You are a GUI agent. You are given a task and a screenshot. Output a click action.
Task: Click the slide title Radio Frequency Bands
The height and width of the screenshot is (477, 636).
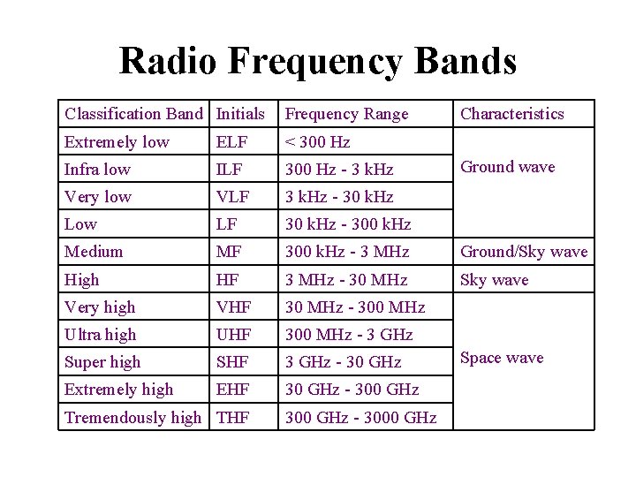pyautogui.click(x=317, y=61)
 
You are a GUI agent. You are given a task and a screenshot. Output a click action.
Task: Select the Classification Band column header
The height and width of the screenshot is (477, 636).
pyautogui.click(x=133, y=114)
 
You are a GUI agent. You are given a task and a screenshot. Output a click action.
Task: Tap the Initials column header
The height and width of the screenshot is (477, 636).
pyautogui.click(x=240, y=114)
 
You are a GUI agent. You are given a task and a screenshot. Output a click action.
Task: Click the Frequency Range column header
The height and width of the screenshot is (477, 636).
pyautogui.click(x=346, y=114)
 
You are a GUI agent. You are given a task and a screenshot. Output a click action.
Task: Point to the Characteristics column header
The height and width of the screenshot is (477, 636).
pyautogui.click(x=511, y=114)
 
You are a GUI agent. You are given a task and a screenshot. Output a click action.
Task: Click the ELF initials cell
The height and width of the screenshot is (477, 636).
pyautogui.click(x=231, y=142)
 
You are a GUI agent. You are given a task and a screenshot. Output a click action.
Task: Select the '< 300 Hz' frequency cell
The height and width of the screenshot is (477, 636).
pyautogui.click(x=317, y=142)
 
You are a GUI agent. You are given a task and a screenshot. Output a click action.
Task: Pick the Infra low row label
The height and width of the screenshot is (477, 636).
pyautogui.click(x=97, y=170)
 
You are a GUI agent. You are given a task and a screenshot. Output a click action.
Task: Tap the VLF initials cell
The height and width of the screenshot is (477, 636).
pyautogui.click(x=233, y=197)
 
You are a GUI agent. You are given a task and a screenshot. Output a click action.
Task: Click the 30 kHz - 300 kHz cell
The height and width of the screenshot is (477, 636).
pyautogui.click(x=348, y=224)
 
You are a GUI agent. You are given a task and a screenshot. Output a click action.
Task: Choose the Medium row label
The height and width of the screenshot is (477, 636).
pyautogui.click(x=94, y=252)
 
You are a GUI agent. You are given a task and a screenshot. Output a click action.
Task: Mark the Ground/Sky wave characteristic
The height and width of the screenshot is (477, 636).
pyautogui.click(x=524, y=252)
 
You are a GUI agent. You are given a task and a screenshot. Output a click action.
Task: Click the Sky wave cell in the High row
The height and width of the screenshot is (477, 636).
pyautogui.click(x=494, y=280)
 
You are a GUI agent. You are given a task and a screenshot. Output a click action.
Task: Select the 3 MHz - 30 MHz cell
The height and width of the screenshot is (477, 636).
pyautogui.click(x=346, y=280)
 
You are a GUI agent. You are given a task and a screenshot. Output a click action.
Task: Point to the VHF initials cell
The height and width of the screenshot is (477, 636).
pyautogui.click(x=234, y=307)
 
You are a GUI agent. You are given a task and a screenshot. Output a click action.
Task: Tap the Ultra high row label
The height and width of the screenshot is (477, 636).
pyautogui.click(x=101, y=335)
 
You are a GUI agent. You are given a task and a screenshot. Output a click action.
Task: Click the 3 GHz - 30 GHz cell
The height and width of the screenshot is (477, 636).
pyautogui.click(x=343, y=362)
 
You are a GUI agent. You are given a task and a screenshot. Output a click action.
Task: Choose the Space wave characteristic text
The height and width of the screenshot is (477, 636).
pyautogui.click(x=502, y=358)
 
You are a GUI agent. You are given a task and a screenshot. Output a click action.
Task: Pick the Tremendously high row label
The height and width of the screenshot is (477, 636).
pyautogui.click(x=133, y=418)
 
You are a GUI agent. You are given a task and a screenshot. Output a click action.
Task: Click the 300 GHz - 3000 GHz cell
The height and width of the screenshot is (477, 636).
pyautogui.click(x=360, y=418)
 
